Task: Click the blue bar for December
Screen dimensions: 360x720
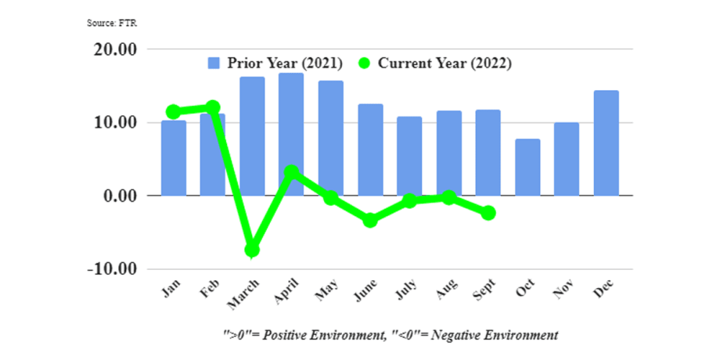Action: [x=606, y=143]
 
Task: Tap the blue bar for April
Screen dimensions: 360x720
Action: [x=291, y=134]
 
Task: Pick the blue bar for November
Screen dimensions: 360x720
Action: [x=567, y=159]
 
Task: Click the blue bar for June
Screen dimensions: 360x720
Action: [x=370, y=149]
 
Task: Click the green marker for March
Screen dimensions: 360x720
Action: [x=252, y=250]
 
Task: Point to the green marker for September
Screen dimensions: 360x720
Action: [x=488, y=213]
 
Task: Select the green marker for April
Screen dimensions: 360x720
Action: [x=291, y=172]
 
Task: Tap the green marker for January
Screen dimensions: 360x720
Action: [x=174, y=112]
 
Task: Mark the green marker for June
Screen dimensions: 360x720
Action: [x=370, y=220]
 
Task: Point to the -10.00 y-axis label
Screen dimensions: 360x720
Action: [x=113, y=269]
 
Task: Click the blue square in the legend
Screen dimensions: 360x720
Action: [x=214, y=63]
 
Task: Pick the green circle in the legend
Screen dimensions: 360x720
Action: [x=365, y=63]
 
